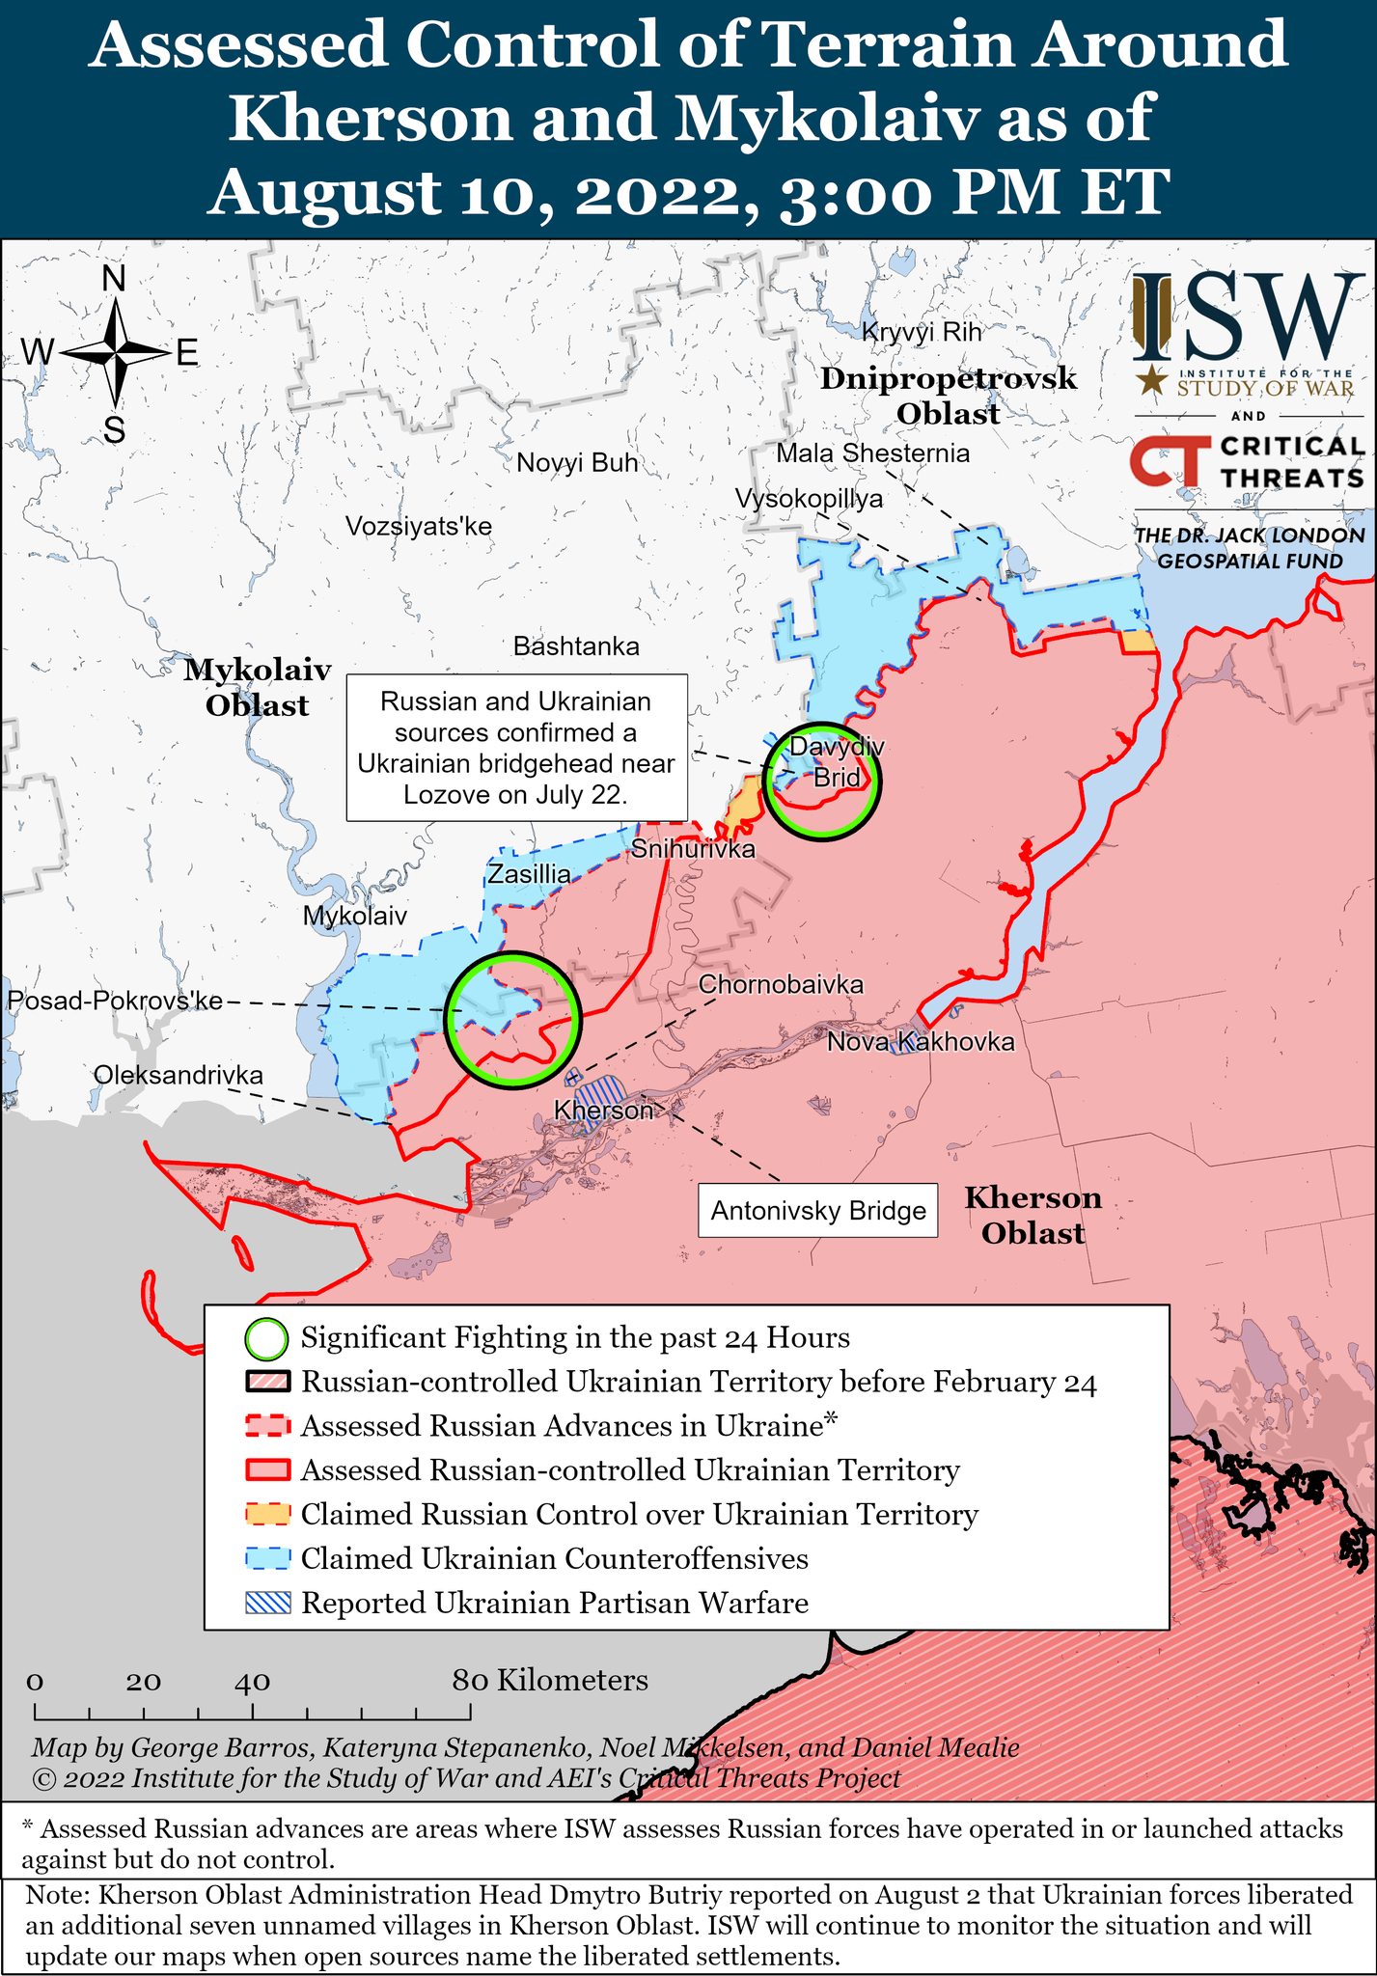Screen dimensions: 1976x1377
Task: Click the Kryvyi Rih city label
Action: click(x=921, y=332)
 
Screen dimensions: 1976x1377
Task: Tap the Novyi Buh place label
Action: click(x=577, y=463)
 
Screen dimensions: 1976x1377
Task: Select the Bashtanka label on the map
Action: click(x=576, y=645)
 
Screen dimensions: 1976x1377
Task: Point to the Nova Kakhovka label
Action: click(x=921, y=1042)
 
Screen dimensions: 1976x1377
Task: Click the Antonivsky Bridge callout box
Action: click(x=817, y=1211)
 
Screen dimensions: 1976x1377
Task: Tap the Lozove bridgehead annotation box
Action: click(x=516, y=748)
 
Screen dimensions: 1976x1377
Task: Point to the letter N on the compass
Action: click(x=114, y=279)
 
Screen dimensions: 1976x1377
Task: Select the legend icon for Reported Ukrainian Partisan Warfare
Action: click(x=267, y=1603)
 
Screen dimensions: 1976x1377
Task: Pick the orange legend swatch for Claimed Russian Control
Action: click(x=267, y=1514)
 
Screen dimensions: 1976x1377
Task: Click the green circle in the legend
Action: click(x=267, y=1338)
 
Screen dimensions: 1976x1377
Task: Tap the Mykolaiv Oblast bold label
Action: click(x=257, y=687)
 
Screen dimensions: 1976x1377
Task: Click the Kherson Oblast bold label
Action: click(x=1033, y=1215)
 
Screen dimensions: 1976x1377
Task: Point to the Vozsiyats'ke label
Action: click(x=419, y=527)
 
